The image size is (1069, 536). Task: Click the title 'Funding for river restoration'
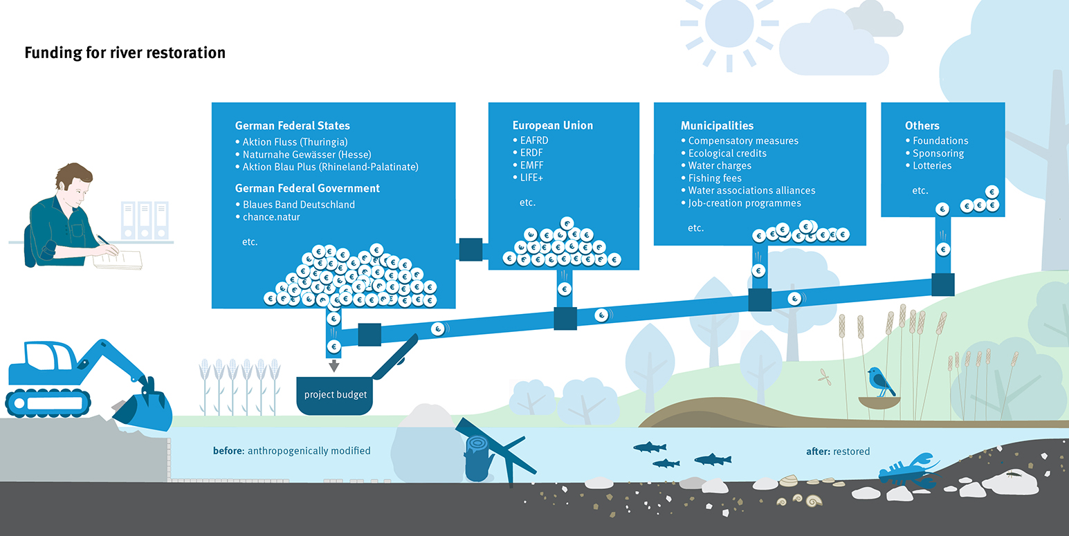click(x=125, y=53)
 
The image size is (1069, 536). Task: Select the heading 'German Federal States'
click(x=292, y=126)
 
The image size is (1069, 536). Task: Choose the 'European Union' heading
click(x=552, y=125)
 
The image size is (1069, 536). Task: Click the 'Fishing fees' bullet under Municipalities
click(x=715, y=178)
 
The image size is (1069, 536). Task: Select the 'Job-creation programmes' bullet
click(x=744, y=203)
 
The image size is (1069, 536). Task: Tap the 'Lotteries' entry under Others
click(x=931, y=166)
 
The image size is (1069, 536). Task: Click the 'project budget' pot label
click(x=336, y=395)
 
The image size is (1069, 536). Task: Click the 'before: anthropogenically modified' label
click(x=291, y=451)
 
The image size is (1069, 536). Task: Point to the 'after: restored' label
click(x=837, y=452)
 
